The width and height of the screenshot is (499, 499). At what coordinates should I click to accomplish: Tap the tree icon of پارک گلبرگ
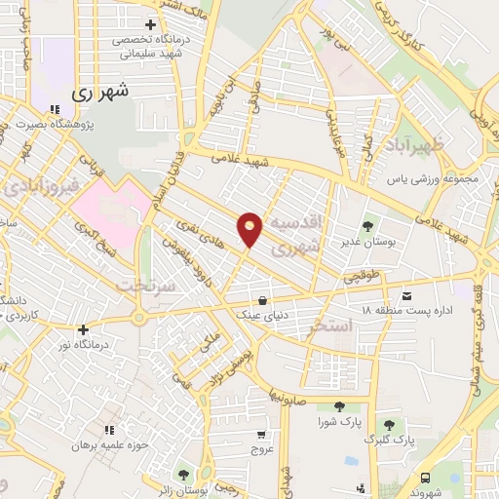pos(390,425)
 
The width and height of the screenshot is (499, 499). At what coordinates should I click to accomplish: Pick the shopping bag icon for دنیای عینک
pos(262,301)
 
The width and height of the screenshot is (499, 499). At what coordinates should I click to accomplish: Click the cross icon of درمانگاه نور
pos(84,329)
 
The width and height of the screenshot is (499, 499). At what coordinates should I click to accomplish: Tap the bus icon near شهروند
pos(427,477)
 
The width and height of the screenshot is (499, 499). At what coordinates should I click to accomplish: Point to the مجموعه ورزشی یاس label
pos(424,180)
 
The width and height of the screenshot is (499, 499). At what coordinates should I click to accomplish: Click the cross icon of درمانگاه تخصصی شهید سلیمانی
pos(149,24)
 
